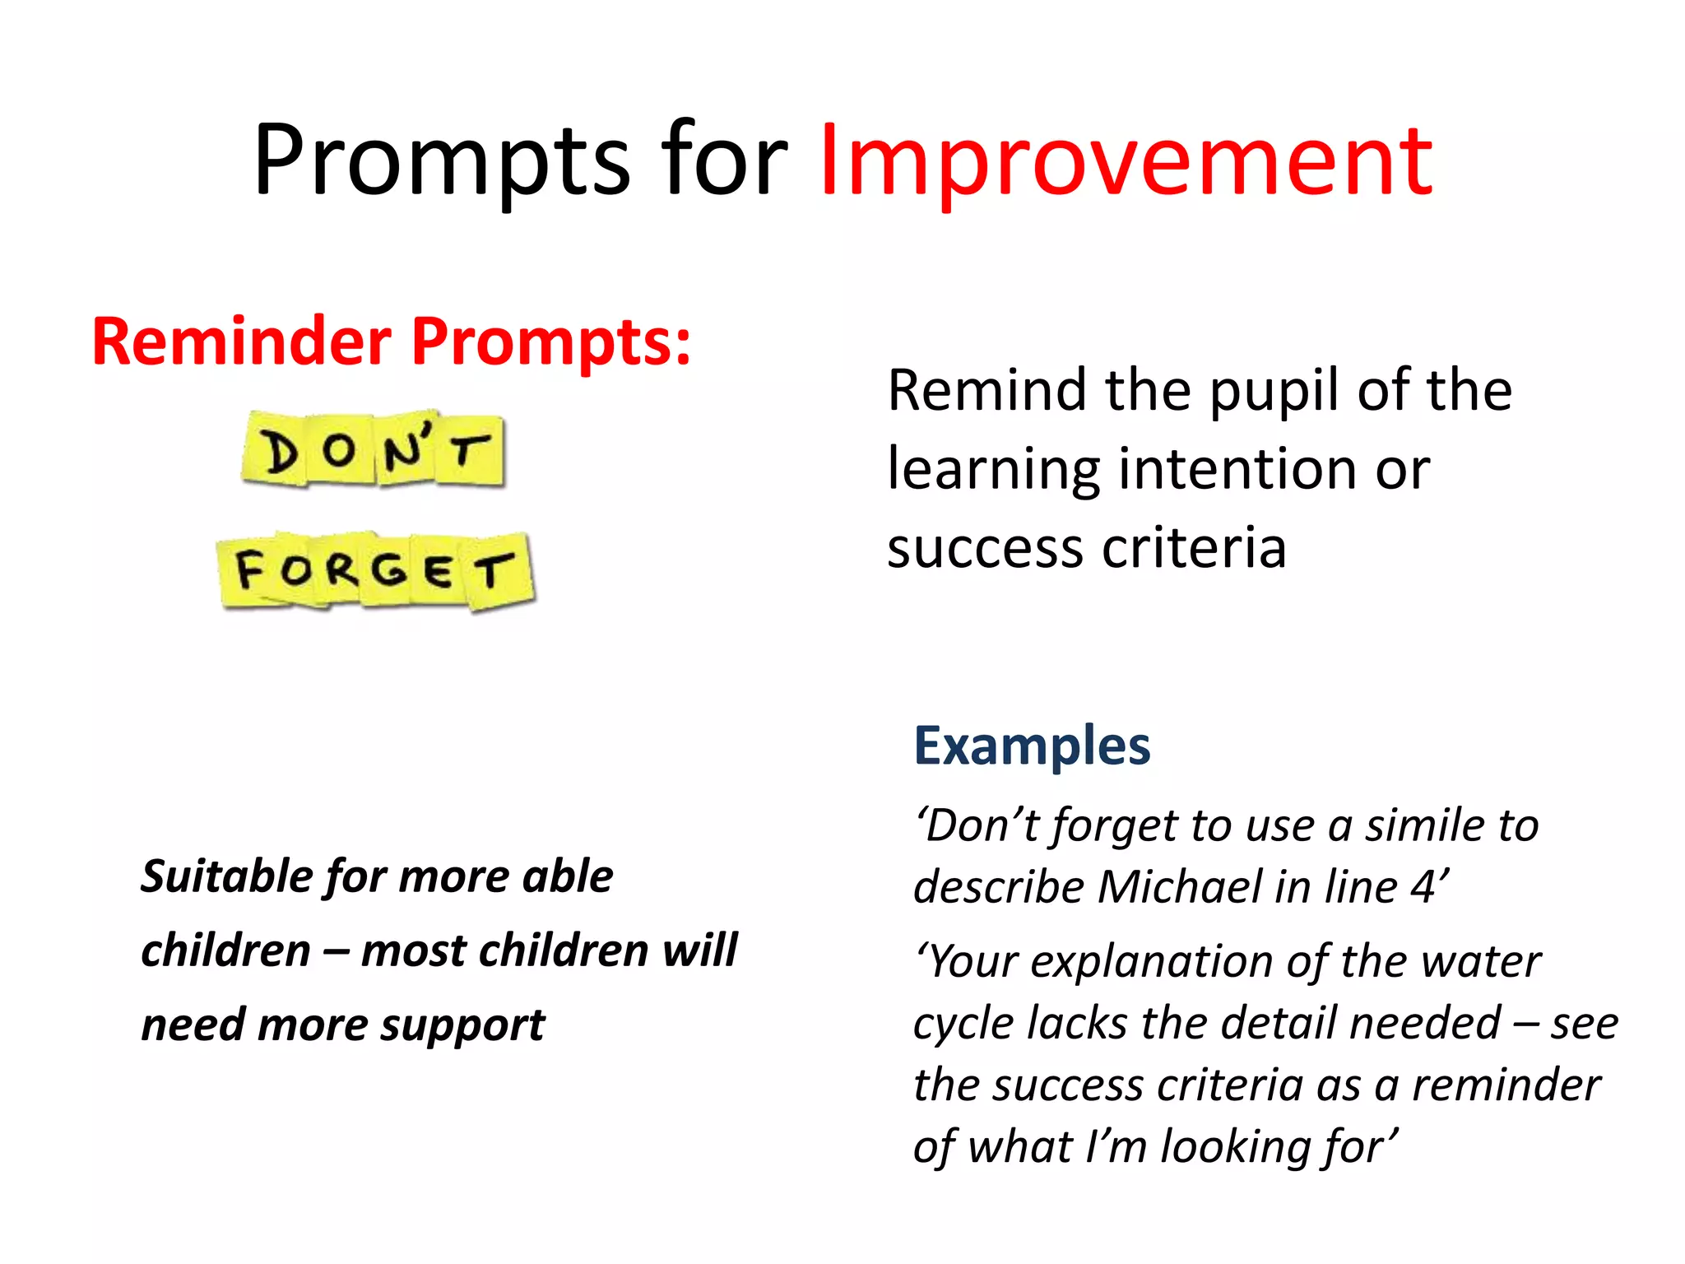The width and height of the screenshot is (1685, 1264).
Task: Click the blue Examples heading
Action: (x=1032, y=746)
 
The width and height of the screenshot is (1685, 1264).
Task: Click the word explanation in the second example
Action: (x=1152, y=962)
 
